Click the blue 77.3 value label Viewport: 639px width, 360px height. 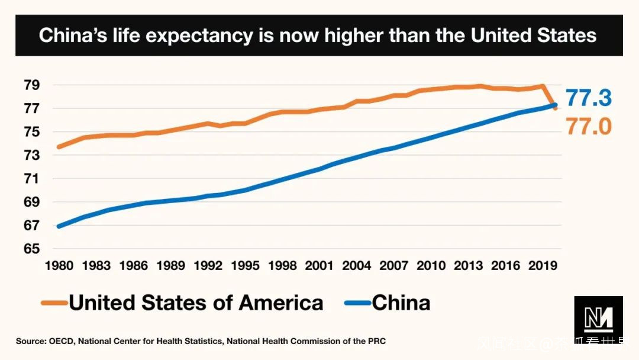click(x=588, y=98)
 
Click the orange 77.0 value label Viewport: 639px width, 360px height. click(x=588, y=126)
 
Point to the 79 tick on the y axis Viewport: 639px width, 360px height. click(x=31, y=85)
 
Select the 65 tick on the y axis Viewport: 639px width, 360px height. click(x=31, y=249)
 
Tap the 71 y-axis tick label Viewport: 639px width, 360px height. click(x=31, y=179)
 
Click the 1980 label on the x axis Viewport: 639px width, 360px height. click(x=59, y=266)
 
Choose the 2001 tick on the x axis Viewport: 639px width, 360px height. click(x=319, y=266)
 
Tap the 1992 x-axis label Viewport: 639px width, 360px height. click(x=208, y=266)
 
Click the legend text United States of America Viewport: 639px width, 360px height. click(x=196, y=303)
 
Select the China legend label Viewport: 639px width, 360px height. click(x=401, y=303)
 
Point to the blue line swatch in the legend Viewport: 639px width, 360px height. click(x=357, y=304)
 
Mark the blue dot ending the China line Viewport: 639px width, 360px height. click(x=554, y=105)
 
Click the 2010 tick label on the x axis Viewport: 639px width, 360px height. click(x=431, y=266)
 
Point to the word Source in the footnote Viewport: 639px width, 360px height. click(x=29, y=341)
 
